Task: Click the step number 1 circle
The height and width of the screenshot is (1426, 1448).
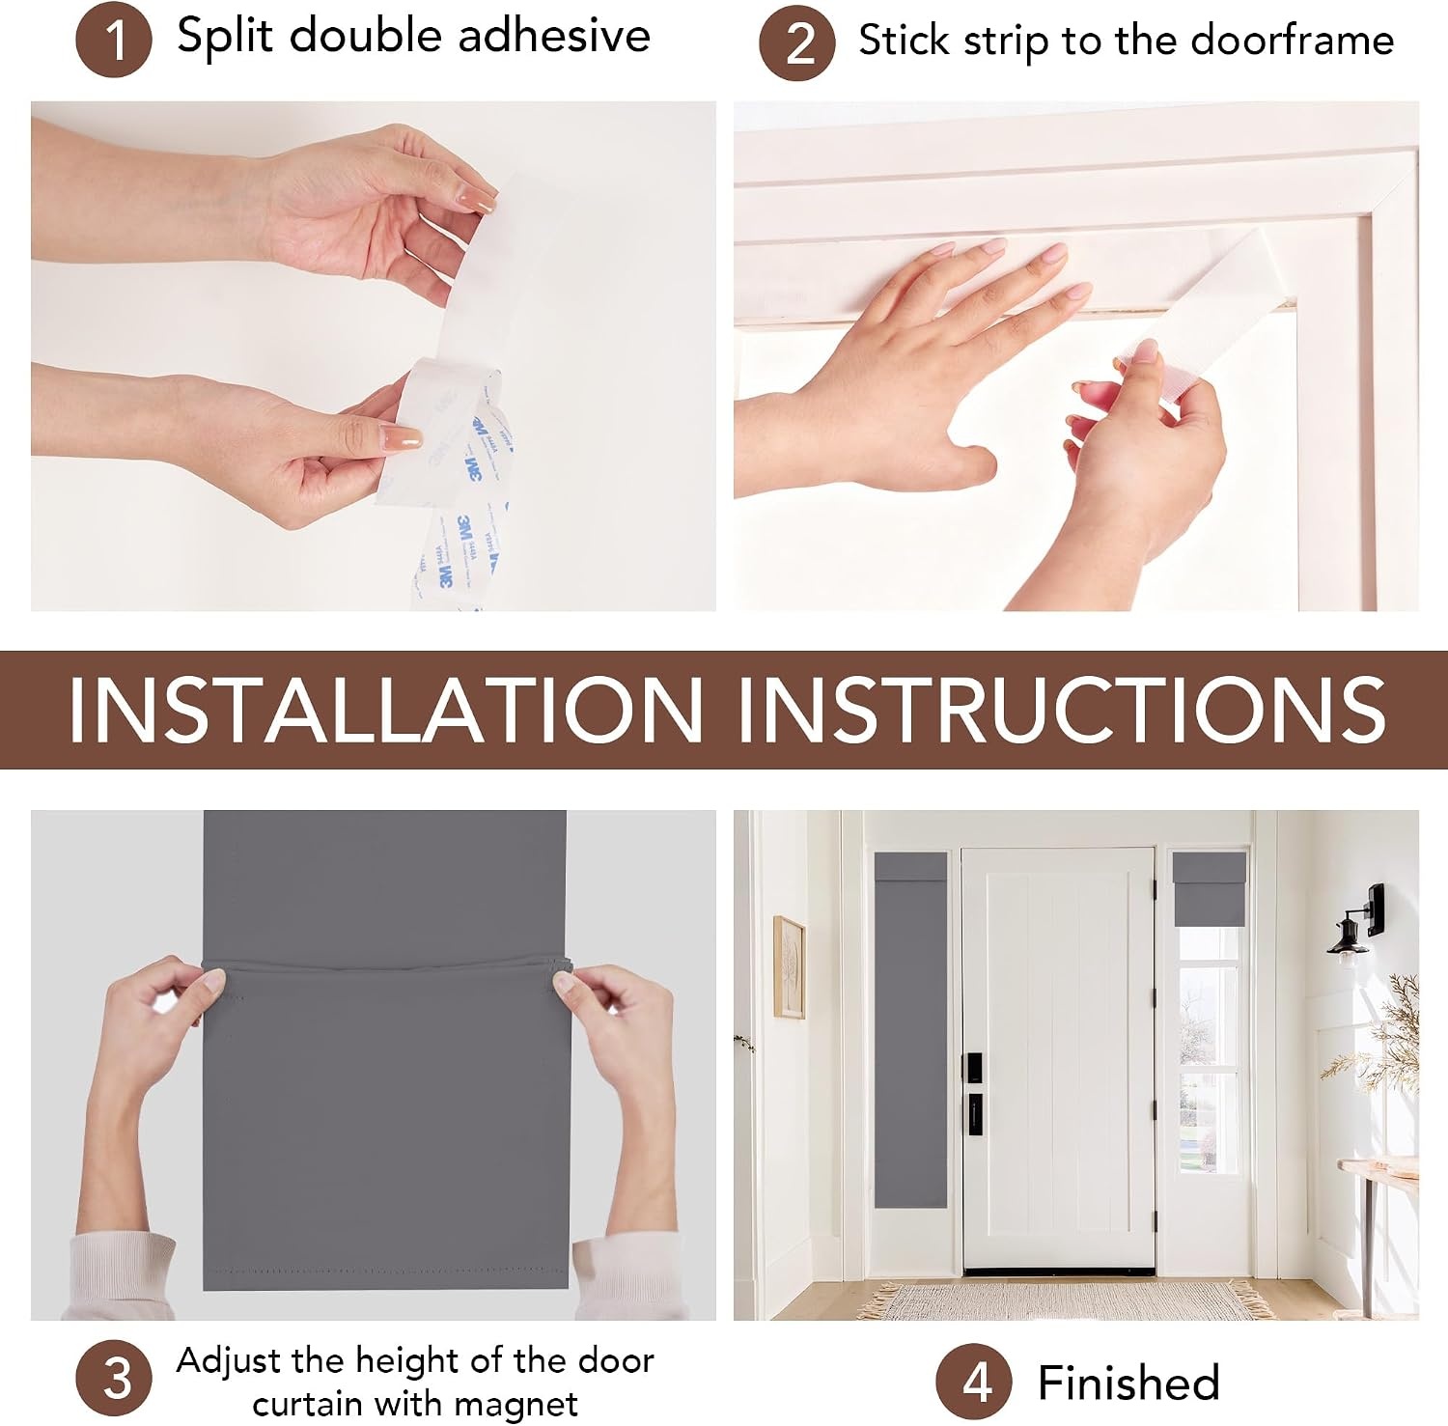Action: point(114,40)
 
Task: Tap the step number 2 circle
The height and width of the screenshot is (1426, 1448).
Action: point(797,43)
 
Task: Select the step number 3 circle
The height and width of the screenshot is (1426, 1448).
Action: point(114,1378)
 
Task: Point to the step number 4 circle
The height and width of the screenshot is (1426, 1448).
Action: point(974,1383)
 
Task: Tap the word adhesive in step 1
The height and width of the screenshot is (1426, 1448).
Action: point(554,36)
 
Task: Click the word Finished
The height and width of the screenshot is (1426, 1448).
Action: point(1128,1383)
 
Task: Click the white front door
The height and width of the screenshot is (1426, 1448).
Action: point(1059,1059)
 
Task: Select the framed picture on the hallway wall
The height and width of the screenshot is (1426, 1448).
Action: point(789,966)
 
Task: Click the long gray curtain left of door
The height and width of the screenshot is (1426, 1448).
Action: point(911,1029)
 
